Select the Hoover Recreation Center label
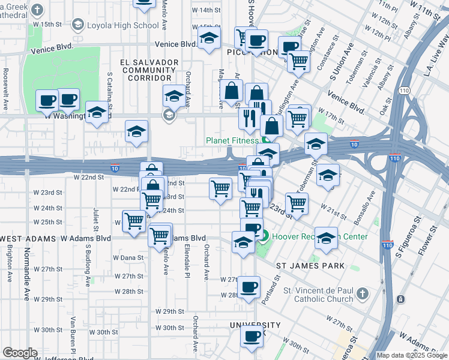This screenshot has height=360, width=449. coord(319,236)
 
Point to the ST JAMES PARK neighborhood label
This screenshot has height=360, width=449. coord(311,265)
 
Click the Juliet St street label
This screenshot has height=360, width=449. coord(95,220)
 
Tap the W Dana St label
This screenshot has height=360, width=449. coord(128,257)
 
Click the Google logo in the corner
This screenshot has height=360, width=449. coord(20,353)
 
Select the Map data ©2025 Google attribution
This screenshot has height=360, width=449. coord(411,355)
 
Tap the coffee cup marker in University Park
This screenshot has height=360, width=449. coord(252,335)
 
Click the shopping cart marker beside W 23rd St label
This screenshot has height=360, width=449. coord(220,188)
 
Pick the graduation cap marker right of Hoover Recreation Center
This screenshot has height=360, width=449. coord(327,238)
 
